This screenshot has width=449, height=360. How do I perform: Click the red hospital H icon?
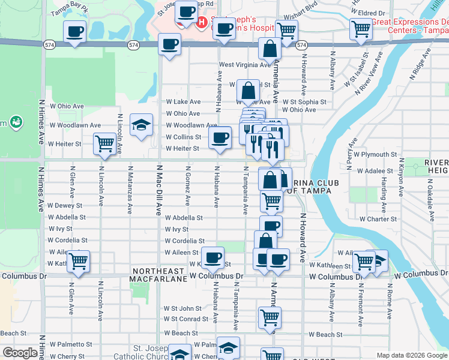point(202,23)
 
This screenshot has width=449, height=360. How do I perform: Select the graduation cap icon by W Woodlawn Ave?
point(141,125)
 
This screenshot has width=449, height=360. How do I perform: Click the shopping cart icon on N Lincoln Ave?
point(105,144)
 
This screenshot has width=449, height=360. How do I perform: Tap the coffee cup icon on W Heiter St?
point(220,138)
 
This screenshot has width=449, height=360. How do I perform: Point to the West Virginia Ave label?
point(245,65)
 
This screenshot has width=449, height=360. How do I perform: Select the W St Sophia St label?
point(304,103)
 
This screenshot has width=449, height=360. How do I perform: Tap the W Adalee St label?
point(375,171)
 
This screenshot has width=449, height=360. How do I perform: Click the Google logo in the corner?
point(20,353)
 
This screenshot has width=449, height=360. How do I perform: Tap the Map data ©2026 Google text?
point(412,355)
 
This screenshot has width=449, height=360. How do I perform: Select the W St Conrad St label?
point(186,319)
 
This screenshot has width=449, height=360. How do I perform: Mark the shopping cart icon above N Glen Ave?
point(78,261)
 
